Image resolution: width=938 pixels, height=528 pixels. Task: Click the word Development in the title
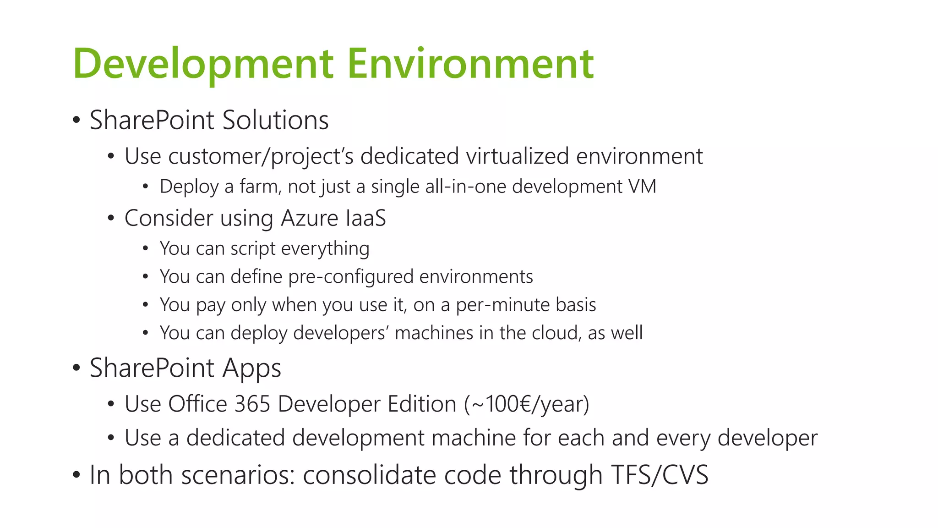[x=203, y=64]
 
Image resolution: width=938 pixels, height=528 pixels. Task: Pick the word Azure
[x=310, y=218]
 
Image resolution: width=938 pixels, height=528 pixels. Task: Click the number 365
[x=252, y=404]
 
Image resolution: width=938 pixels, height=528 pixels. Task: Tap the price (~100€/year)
[x=527, y=404]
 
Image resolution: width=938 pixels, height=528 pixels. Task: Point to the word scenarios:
[x=238, y=475]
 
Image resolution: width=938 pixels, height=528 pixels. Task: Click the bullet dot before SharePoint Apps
[x=76, y=368]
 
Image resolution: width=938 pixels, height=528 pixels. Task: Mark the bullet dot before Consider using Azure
[x=111, y=219]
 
